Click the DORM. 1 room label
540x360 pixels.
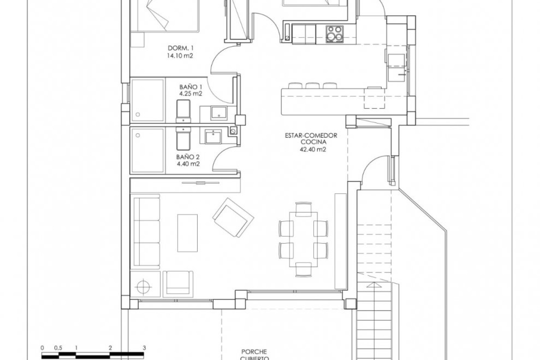click(180, 48)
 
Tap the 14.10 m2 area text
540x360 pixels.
click(180, 56)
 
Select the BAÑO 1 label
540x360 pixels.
click(190, 87)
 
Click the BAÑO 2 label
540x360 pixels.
click(188, 157)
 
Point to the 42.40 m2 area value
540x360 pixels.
click(313, 149)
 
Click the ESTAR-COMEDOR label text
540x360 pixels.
click(311, 136)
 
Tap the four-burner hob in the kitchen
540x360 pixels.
click(334, 34)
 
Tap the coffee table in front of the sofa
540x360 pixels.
click(187, 233)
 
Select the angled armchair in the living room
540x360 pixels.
click(233, 217)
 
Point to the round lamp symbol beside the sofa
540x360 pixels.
click(143, 287)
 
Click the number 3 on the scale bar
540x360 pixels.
click(144, 348)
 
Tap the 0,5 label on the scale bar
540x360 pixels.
click(58, 348)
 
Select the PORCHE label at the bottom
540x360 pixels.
click(254, 352)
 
